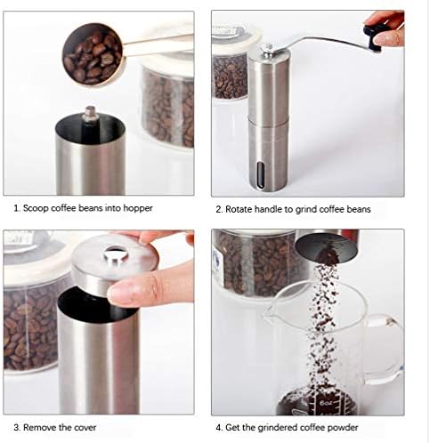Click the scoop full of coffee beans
click(93, 55)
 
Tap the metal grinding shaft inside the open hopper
click(90, 118)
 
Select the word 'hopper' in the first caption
click(138, 208)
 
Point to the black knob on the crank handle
click(373, 37)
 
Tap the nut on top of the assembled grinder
click(267, 48)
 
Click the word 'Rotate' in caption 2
click(239, 209)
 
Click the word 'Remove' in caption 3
click(40, 428)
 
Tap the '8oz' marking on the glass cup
click(325, 403)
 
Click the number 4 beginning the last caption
click(218, 428)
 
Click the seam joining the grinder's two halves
click(268, 117)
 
